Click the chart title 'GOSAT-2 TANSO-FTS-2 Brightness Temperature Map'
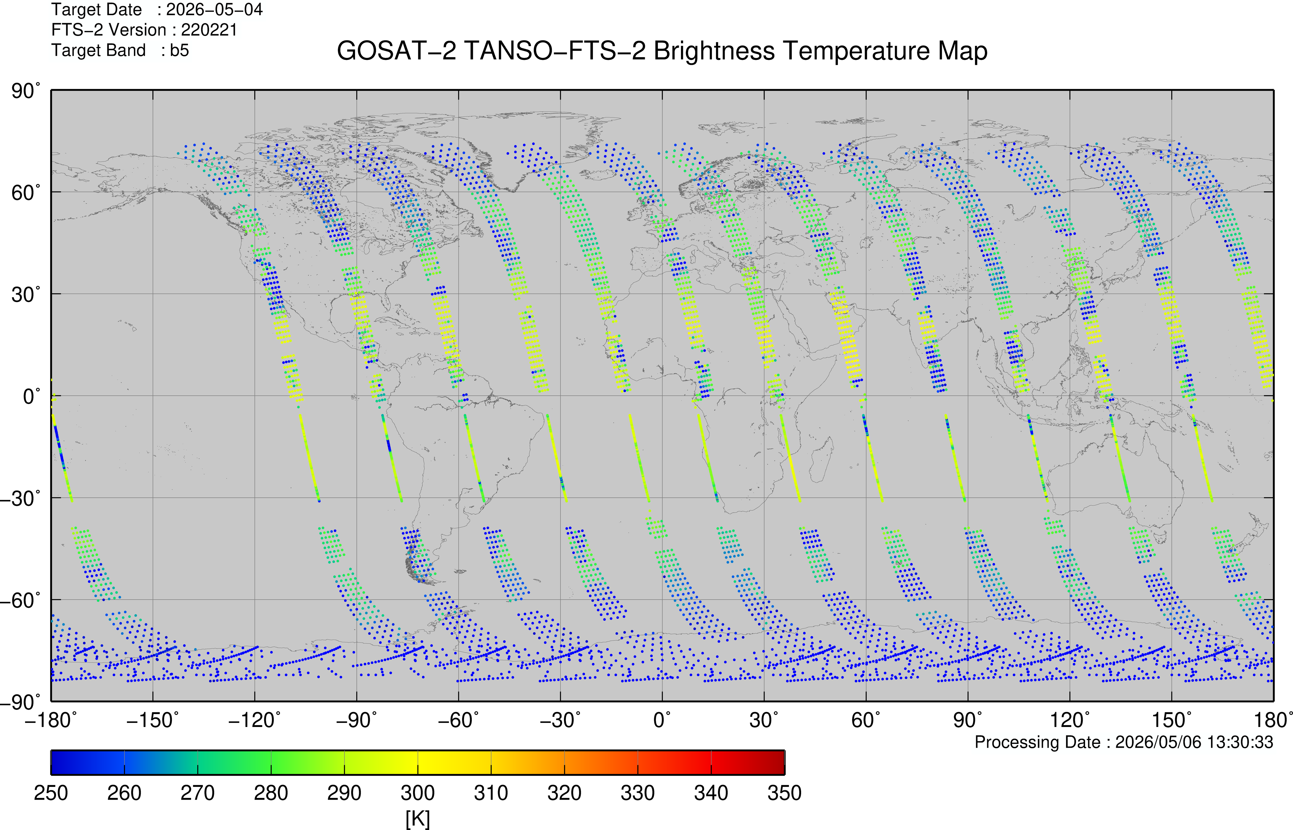(x=662, y=51)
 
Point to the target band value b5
(x=179, y=51)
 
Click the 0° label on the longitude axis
(x=662, y=720)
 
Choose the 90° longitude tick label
(x=968, y=720)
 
